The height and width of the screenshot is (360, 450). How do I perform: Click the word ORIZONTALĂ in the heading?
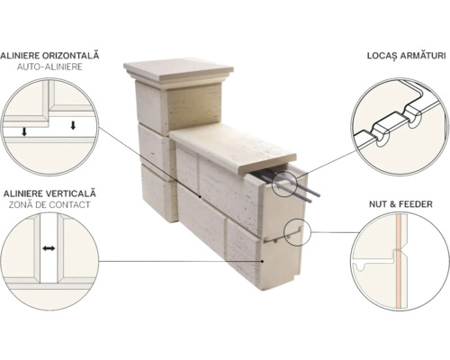point(71,56)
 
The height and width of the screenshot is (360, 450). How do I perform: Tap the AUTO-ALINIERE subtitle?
point(49,67)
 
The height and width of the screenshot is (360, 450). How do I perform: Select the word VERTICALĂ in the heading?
point(71,193)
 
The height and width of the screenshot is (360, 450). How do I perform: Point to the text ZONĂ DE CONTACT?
point(49,205)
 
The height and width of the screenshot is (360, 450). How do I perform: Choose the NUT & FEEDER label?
point(400,204)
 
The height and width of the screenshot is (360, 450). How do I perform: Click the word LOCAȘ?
point(382,57)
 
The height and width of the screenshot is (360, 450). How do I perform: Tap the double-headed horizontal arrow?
point(49,248)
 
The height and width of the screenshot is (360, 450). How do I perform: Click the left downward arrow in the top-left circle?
point(24,131)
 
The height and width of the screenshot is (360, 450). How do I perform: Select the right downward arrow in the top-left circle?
point(73,125)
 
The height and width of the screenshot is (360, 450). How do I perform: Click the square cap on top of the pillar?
point(179,72)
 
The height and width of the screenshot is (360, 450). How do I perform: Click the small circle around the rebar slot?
point(284,184)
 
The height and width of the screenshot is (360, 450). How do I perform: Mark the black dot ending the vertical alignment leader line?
point(263,262)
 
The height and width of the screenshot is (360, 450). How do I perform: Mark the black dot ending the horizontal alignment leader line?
point(200,196)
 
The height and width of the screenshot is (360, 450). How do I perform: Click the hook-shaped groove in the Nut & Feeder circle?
point(362,266)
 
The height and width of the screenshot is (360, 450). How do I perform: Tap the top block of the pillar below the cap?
point(179,106)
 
